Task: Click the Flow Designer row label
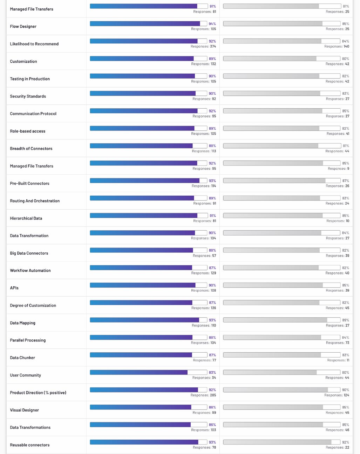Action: tap(23, 26)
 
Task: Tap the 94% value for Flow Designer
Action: tap(212, 23)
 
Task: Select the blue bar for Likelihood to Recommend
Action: tap(148, 41)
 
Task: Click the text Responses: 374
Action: tap(203, 46)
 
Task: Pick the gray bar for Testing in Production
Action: tap(282, 76)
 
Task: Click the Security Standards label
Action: tap(28, 96)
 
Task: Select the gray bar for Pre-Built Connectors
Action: tap(282, 181)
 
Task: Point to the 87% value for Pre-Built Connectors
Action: tap(346, 181)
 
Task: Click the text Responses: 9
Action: tap(339, 169)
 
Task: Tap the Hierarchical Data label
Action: tap(26, 218)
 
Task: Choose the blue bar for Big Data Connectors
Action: tap(148, 250)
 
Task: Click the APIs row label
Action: tap(14, 288)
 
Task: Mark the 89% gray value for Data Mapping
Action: tap(346, 320)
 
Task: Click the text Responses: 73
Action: tap(338, 343)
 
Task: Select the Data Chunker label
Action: tap(22, 358)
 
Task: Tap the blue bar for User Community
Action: tap(148, 372)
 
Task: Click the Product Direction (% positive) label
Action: tap(38, 393)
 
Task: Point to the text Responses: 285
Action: tap(203, 395)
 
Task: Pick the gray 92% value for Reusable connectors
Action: tap(346, 442)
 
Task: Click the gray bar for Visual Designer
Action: tap(282, 407)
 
